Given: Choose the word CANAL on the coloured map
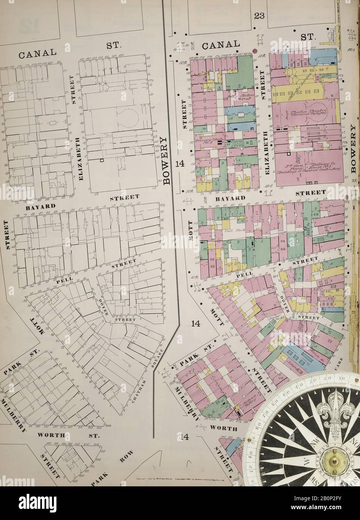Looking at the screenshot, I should coord(221,45).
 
